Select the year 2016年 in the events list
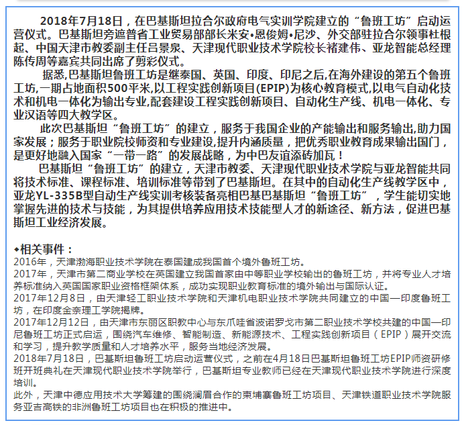coord(26,262)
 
